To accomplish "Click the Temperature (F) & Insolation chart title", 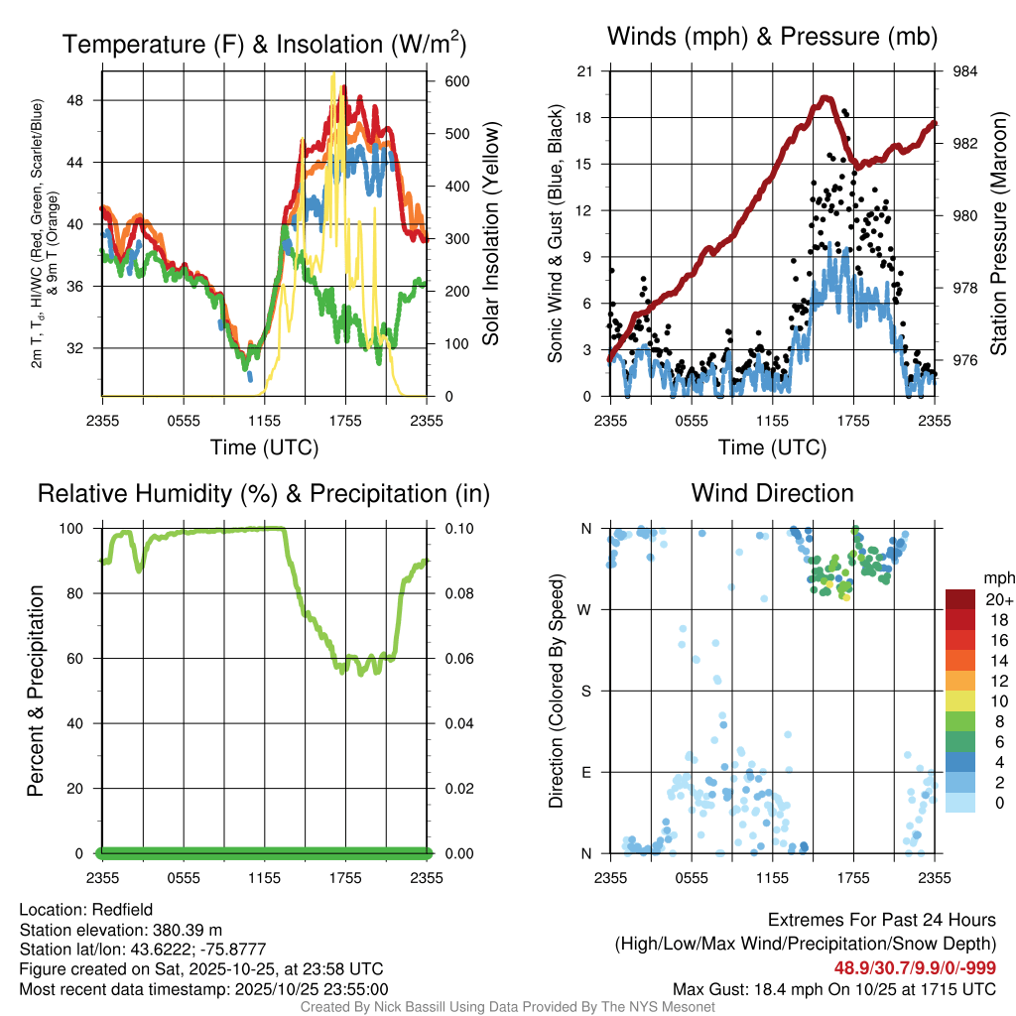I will [x=264, y=44].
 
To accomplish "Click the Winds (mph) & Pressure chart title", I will [x=773, y=38].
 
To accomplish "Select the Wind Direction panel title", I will [x=772, y=493].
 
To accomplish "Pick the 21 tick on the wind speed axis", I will [x=584, y=71].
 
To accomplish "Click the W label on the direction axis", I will [x=585, y=609].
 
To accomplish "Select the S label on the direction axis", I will [x=585, y=691].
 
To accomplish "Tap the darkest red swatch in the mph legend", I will [x=959, y=599].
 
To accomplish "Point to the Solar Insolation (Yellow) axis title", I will [x=490, y=233].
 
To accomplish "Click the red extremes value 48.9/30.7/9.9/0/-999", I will [x=914, y=968].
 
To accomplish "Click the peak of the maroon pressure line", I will [x=825, y=98].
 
